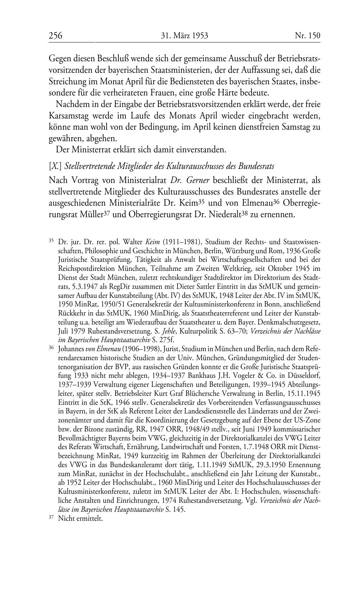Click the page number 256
(55, 36)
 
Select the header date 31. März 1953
(185, 36)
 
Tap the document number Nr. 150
(307, 36)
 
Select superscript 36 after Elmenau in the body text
(276, 201)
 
